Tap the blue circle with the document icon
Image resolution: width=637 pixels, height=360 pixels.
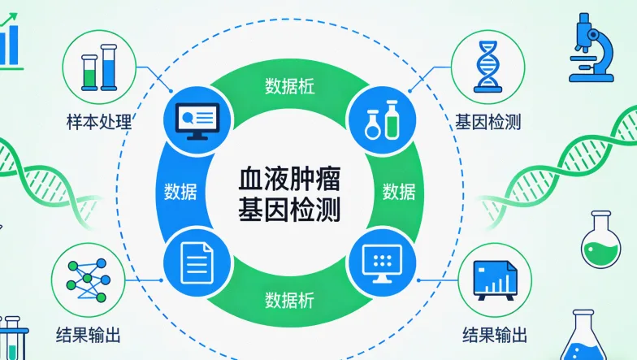click(194, 262)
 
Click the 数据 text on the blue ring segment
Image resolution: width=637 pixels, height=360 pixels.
click(180, 191)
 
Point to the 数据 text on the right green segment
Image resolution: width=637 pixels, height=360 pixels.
click(399, 192)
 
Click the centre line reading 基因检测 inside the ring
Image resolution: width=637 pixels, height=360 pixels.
click(289, 210)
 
